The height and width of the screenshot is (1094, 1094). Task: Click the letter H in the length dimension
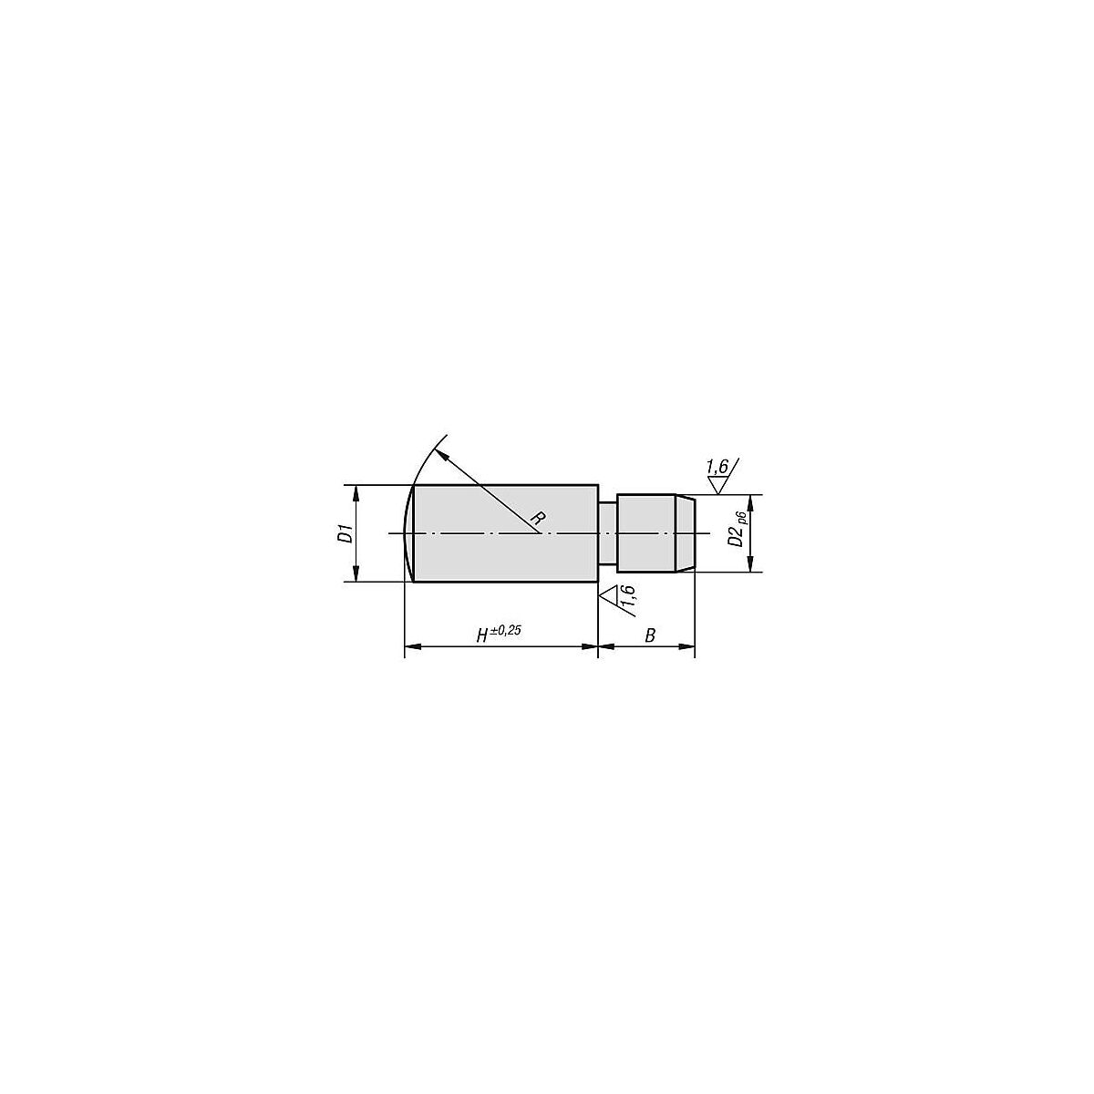click(x=482, y=635)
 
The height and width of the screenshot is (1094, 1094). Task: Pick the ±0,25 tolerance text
click(x=505, y=630)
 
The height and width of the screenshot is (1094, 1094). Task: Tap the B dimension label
click(x=650, y=635)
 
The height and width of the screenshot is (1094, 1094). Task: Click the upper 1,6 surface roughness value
click(x=717, y=467)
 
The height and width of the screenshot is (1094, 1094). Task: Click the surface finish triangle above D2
click(x=718, y=485)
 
